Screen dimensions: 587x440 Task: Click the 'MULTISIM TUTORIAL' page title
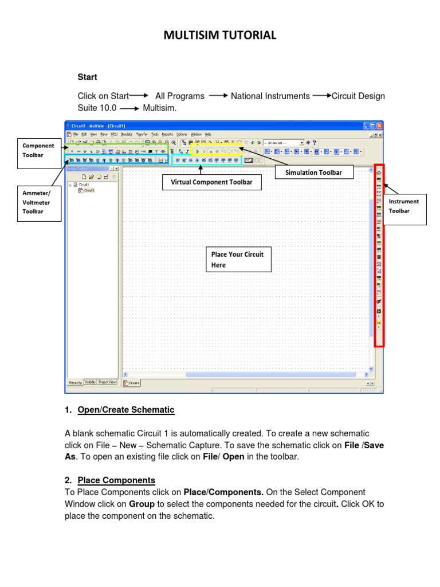coord(220,36)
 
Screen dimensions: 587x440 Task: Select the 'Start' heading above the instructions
coord(87,77)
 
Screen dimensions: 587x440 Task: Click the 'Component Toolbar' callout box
coord(38,150)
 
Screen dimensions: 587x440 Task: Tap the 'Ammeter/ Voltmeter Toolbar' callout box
coord(39,202)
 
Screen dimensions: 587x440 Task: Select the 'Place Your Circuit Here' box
coord(238,260)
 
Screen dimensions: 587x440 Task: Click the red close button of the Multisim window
coord(379,126)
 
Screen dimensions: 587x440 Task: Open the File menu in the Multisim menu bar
coord(75,134)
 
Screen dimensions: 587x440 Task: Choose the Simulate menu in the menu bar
coord(126,134)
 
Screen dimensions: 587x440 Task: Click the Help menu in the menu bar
coord(208,134)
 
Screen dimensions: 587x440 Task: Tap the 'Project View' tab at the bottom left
coord(107,382)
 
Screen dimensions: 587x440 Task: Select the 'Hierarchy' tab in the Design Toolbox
coord(74,382)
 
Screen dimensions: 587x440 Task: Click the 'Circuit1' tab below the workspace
coord(132,383)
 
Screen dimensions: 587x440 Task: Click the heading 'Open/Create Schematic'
coord(126,410)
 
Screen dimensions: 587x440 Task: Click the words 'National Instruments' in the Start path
coord(270,96)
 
